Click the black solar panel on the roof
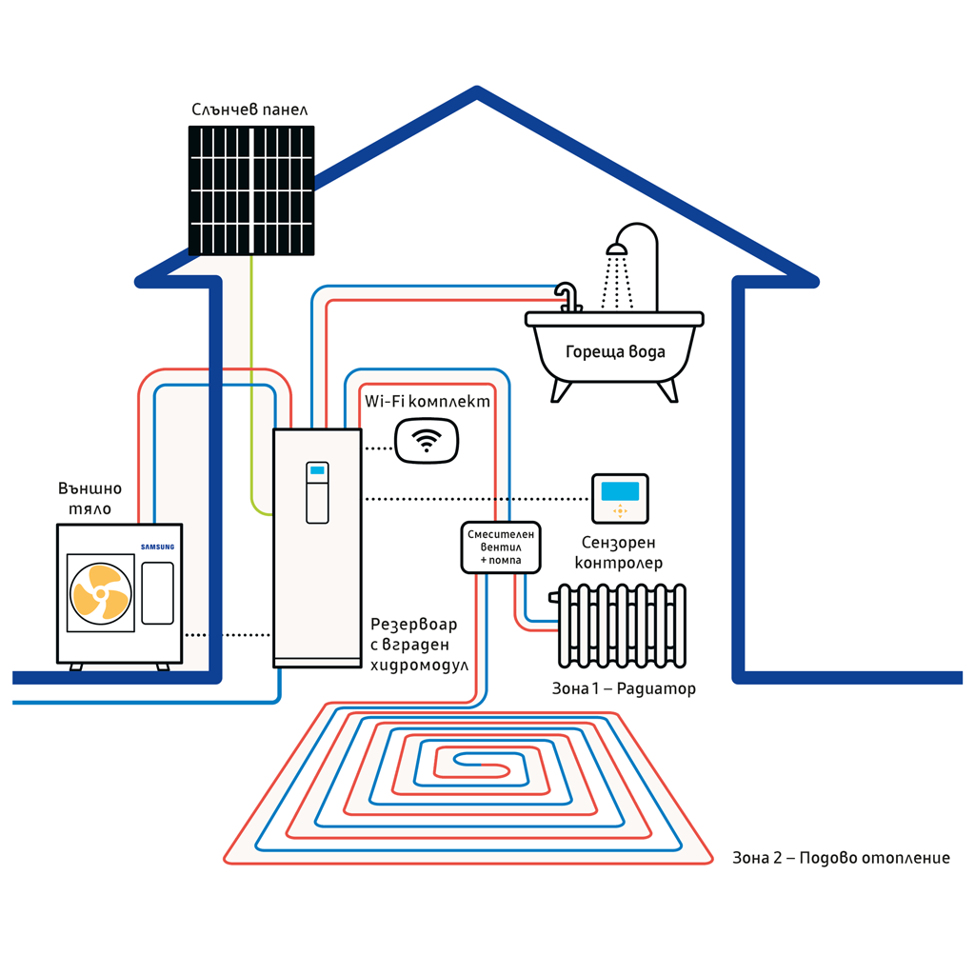(x=251, y=190)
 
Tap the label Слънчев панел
(x=249, y=109)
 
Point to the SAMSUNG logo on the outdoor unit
(x=158, y=547)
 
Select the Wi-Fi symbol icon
(x=427, y=441)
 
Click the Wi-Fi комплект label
(x=428, y=402)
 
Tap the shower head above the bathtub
(x=617, y=249)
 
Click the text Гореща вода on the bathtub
(x=615, y=352)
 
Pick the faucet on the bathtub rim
(x=568, y=295)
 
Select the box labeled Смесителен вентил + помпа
(x=501, y=547)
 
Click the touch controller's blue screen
(x=620, y=491)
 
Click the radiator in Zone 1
(x=622, y=625)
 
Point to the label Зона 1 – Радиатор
(x=624, y=688)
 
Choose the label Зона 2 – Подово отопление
(x=841, y=858)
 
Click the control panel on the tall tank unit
(x=317, y=492)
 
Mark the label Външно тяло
(x=90, y=498)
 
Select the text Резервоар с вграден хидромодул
(x=419, y=645)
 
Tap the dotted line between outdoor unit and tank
(x=228, y=634)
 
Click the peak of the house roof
(x=476, y=91)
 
